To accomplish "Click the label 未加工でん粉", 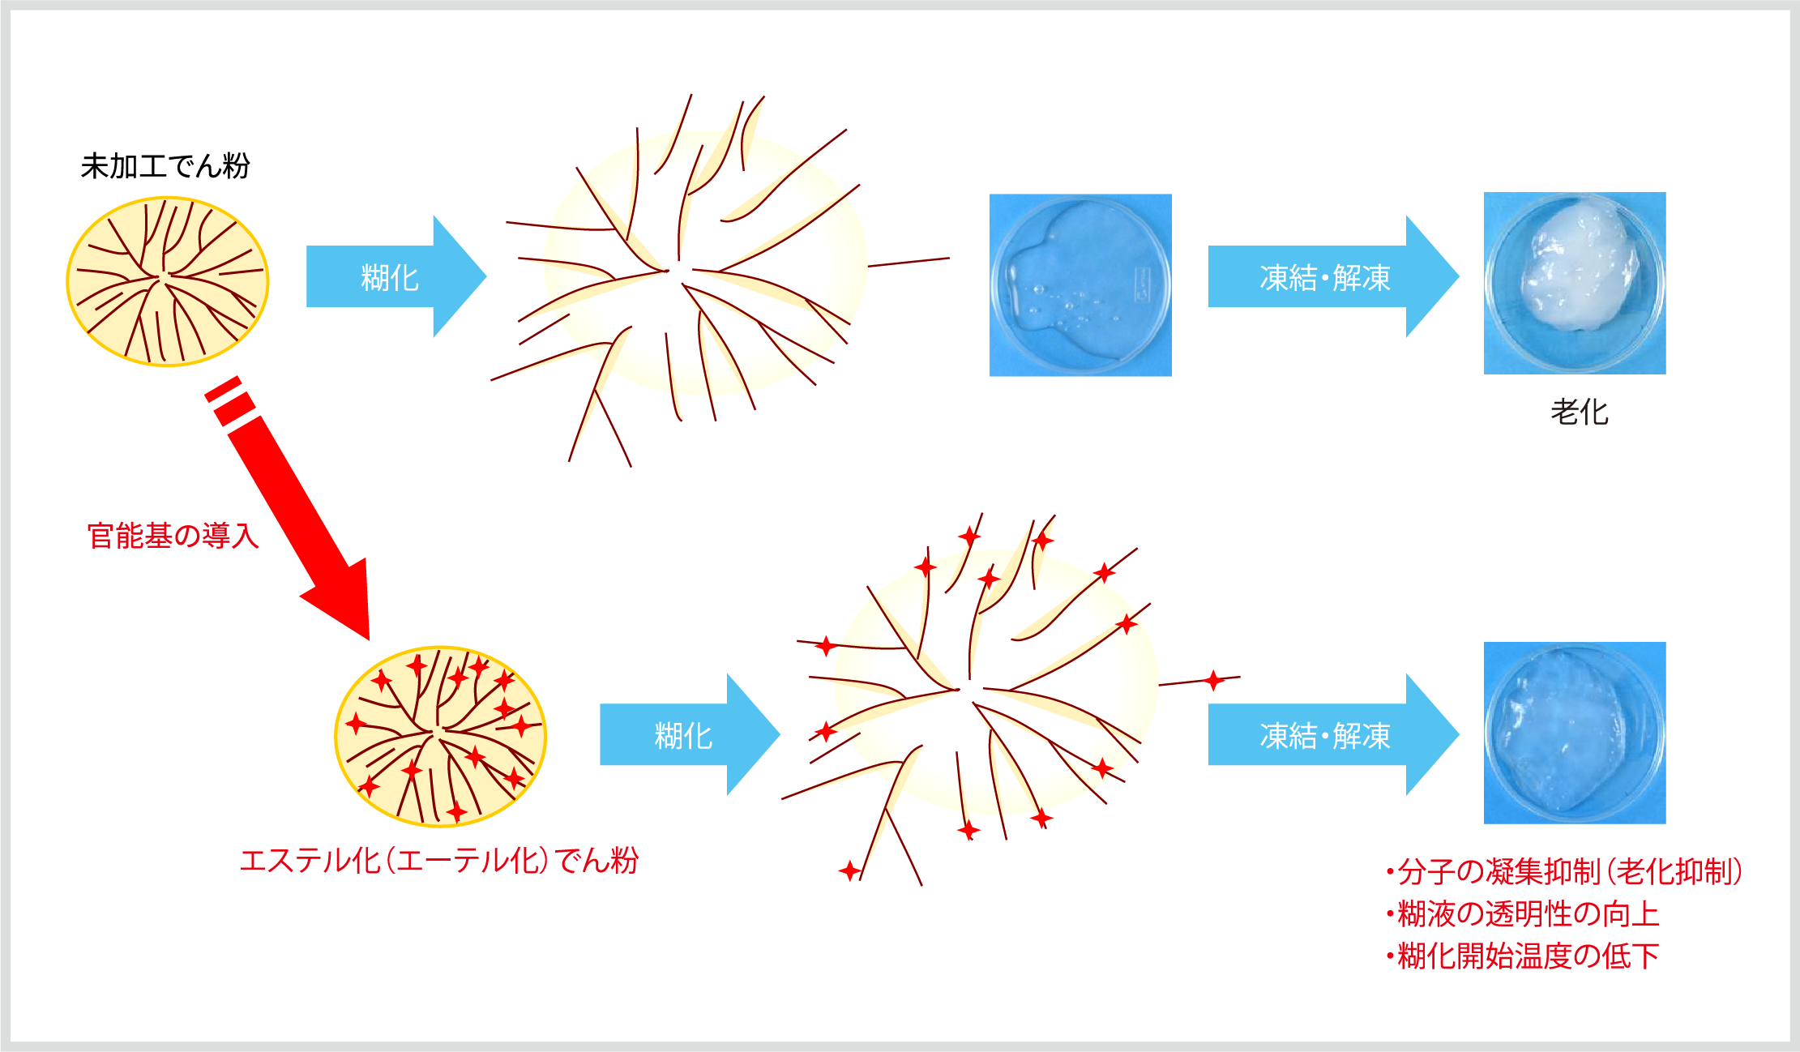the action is (x=165, y=166).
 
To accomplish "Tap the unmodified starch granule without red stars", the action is (x=168, y=281).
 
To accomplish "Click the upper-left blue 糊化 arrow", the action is (x=395, y=276).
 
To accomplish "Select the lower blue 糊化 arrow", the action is (x=689, y=734).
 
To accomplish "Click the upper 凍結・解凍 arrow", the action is (x=1333, y=276).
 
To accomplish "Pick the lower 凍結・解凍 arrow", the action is (x=1333, y=734).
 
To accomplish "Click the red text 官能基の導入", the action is (x=173, y=536).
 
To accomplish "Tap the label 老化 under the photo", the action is (x=1579, y=412).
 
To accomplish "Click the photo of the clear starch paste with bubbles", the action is (x=1080, y=284).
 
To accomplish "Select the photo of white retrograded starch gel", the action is (x=1575, y=283).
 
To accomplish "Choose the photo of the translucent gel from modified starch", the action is (x=1575, y=733).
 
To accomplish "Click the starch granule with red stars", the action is (x=441, y=736).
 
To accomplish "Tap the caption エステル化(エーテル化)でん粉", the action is (x=439, y=860).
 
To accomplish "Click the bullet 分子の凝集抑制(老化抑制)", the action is (x=1564, y=871).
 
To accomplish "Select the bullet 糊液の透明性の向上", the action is (x=1522, y=913).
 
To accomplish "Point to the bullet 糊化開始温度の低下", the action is (x=1522, y=956).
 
